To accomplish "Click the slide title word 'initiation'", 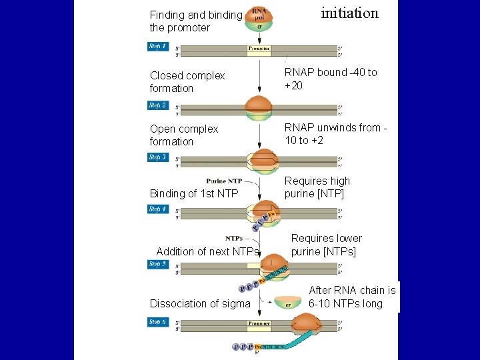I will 349,13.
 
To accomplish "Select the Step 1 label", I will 158,47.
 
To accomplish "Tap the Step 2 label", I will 158,105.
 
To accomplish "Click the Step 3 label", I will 158,157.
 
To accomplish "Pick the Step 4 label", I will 158,209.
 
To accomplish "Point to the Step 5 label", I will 158,264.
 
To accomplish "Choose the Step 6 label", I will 158,322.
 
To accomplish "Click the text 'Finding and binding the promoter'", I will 195,21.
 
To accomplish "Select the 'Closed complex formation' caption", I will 187,82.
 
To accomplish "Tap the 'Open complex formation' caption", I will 184,135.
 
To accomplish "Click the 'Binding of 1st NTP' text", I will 194,193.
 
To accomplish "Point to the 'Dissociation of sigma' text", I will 200,303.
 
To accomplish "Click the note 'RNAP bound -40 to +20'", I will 331,79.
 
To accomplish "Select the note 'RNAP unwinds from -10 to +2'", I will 335,134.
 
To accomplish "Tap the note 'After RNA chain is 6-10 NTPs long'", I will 352,297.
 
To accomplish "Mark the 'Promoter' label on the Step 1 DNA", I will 259,49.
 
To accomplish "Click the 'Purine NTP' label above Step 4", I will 224,181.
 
